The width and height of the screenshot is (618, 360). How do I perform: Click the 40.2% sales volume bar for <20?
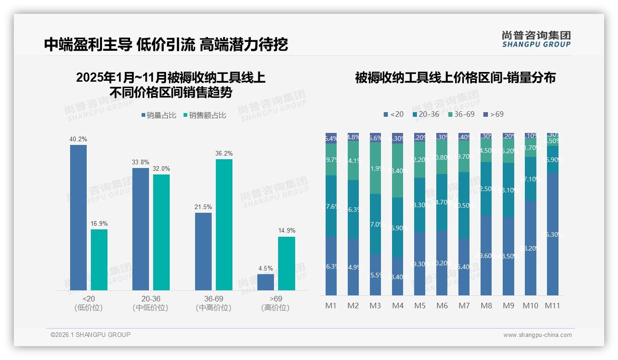coord(78,217)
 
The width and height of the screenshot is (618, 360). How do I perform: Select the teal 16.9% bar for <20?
coord(99,260)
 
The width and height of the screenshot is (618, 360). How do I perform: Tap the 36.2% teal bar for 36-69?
coord(224,225)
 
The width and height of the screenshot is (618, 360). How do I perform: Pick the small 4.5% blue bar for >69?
coord(266,282)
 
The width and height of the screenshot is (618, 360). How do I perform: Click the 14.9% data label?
coord(287,231)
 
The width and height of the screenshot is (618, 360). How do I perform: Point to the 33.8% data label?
coord(141,162)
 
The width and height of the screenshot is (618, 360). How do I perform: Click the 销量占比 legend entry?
coord(159,115)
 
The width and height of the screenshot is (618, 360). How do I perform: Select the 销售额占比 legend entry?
coord(205,115)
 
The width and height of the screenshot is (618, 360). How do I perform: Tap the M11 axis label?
coord(553,306)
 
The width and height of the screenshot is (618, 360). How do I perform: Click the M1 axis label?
coord(331,306)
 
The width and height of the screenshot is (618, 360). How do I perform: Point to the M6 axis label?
coord(442,306)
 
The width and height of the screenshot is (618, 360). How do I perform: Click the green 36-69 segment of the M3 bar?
coord(375,168)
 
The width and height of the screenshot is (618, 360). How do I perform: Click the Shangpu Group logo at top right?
coord(536,39)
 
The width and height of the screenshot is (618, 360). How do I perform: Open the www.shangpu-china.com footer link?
coord(537,335)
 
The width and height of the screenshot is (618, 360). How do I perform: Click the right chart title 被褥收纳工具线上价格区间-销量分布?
coord(455,78)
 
